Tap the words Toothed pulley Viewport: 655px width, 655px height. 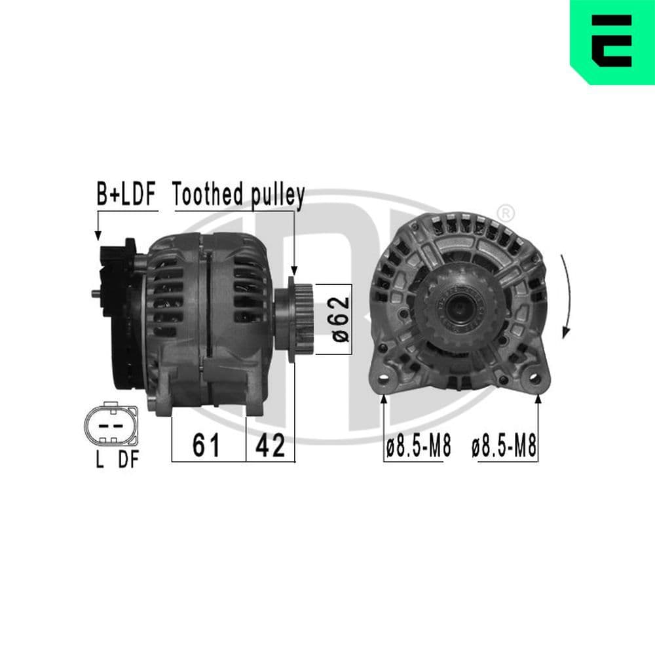tap(238, 195)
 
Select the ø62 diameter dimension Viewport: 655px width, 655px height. tap(338, 319)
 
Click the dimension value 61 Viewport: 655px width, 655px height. tap(206, 446)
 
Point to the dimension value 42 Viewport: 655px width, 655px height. tap(270, 446)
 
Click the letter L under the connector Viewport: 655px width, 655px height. tap(100, 460)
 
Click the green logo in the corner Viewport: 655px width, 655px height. tap(612, 42)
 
